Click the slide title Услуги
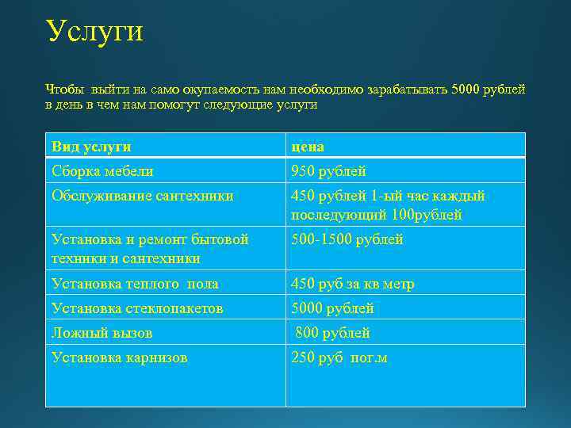pos(94,32)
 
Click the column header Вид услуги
pos(91,147)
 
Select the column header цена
pos(308,147)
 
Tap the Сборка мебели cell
pos(102,171)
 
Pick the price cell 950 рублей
pos(328,171)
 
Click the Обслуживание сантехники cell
pos(142,196)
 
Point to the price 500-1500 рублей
pos(347,239)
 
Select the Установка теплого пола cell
pos(134,284)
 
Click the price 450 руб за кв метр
pos(353,284)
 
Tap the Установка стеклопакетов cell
pos(136,308)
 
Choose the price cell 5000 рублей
pos(332,308)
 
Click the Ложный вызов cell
pos(102,333)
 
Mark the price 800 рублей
pos(332,333)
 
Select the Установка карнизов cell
pos(119,357)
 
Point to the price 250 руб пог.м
pos(339,357)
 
